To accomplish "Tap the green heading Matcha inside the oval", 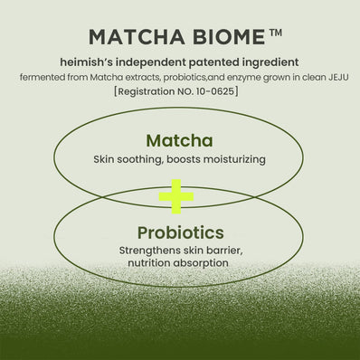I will (179, 141).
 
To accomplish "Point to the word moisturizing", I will (232, 159).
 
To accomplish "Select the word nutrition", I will (150, 262).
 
